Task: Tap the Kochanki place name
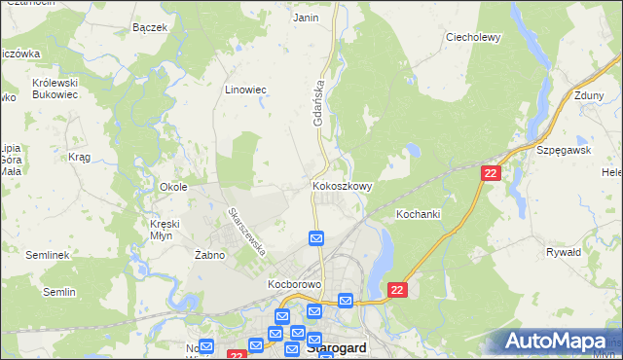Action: pos(420,212)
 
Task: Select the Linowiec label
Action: pos(246,90)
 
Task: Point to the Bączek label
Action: pos(150,27)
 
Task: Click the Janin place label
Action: pos(306,18)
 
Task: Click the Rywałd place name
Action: pos(565,251)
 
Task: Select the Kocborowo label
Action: pos(294,284)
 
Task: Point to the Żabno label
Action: pos(209,255)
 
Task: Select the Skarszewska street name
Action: pos(246,231)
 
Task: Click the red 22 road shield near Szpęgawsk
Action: pos(491,172)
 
